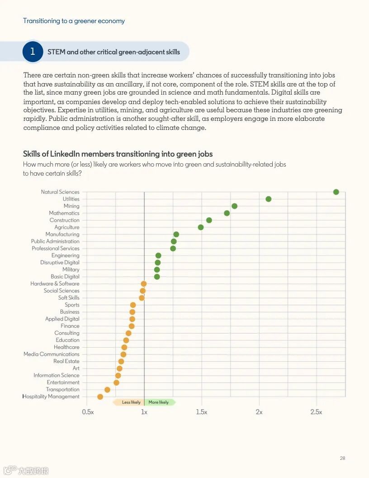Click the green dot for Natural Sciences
click(x=336, y=192)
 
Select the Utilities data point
click(x=269, y=199)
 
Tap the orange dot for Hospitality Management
click(x=100, y=397)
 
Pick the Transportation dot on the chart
click(x=107, y=390)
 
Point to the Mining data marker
click(x=234, y=206)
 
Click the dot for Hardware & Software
click(x=144, y=284)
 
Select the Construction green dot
click(x=209, y=220)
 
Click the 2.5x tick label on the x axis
click(x=316, y=412)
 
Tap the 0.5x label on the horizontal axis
click(x=88, y=412)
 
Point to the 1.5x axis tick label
click(x=202, y=412)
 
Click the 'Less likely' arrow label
click(x=130, y=402)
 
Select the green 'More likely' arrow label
click(x=159, y=402)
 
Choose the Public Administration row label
click(x=55, y=241)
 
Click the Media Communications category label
click(x=52, y=354)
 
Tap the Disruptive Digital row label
click(x=60, y=263)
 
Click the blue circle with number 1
click(x=33, y=52)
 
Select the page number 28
click(x=342, y=459)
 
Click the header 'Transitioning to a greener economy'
click(x=74, y=21)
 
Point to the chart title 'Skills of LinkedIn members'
click(x=118, y=154)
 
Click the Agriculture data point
click(x=201, y=227)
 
